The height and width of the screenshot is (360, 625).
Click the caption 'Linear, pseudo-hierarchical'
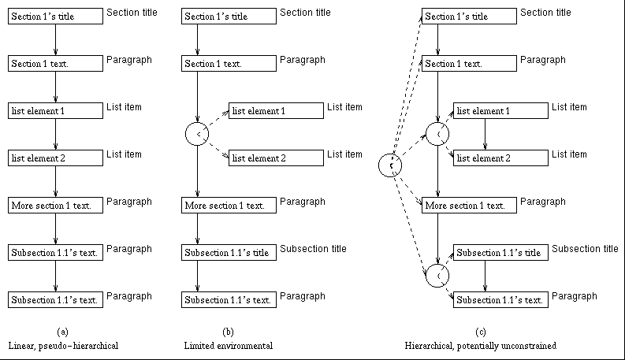tap(63, 346)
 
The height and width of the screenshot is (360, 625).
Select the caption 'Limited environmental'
tap(229, 346)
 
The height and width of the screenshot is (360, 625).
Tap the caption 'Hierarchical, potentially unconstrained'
tap(480, 346)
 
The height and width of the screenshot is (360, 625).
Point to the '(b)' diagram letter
tap(228, 332)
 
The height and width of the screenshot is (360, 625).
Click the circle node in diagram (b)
tap(185, 134)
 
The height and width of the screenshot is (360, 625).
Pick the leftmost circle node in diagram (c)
tap(378, 165)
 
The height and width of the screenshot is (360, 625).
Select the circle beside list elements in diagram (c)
tap(426, 134)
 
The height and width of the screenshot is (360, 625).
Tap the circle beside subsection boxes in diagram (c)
tap(426, 276)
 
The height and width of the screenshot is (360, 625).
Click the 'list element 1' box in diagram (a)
tap(55, 111)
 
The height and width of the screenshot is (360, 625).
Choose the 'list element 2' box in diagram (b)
tap(276, 158)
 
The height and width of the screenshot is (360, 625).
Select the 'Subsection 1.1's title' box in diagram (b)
tap(229, 253)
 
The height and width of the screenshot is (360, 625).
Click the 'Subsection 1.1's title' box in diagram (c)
tap(500, 253)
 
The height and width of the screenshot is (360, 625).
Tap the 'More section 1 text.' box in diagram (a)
tap(55, 205)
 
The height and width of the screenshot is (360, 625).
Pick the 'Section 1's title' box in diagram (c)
tap(469, 17)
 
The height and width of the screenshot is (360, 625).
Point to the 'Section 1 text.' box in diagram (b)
tap(229, 64)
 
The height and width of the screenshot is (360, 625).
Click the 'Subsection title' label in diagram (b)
tap(313, 248)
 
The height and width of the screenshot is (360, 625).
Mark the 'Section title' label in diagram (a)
tap(132, 13)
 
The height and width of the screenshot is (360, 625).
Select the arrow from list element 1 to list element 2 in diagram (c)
tap(485, 134)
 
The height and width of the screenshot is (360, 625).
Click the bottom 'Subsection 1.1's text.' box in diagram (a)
tap(55, 300)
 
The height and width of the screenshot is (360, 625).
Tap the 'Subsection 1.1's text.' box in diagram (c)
tap(500, 300)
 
